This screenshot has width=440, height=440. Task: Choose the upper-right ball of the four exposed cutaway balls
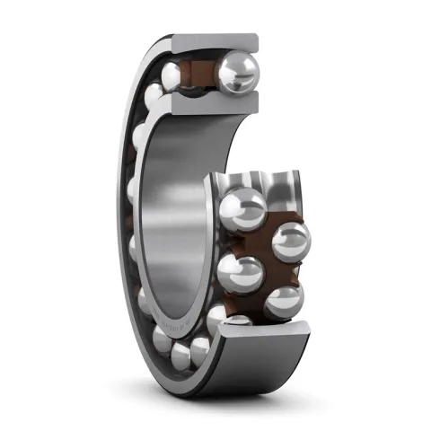tap(290, 242)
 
